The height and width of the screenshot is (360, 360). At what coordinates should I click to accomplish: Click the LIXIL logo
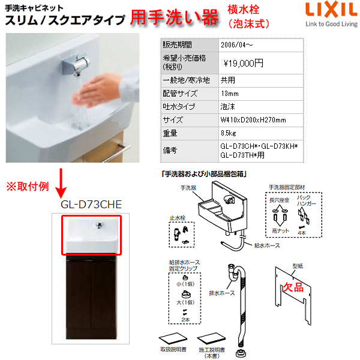[x=325, y=11]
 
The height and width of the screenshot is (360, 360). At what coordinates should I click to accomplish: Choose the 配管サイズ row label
[x=180, y=94]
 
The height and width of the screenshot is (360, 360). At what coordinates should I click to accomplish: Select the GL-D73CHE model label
[x=91, y=205]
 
